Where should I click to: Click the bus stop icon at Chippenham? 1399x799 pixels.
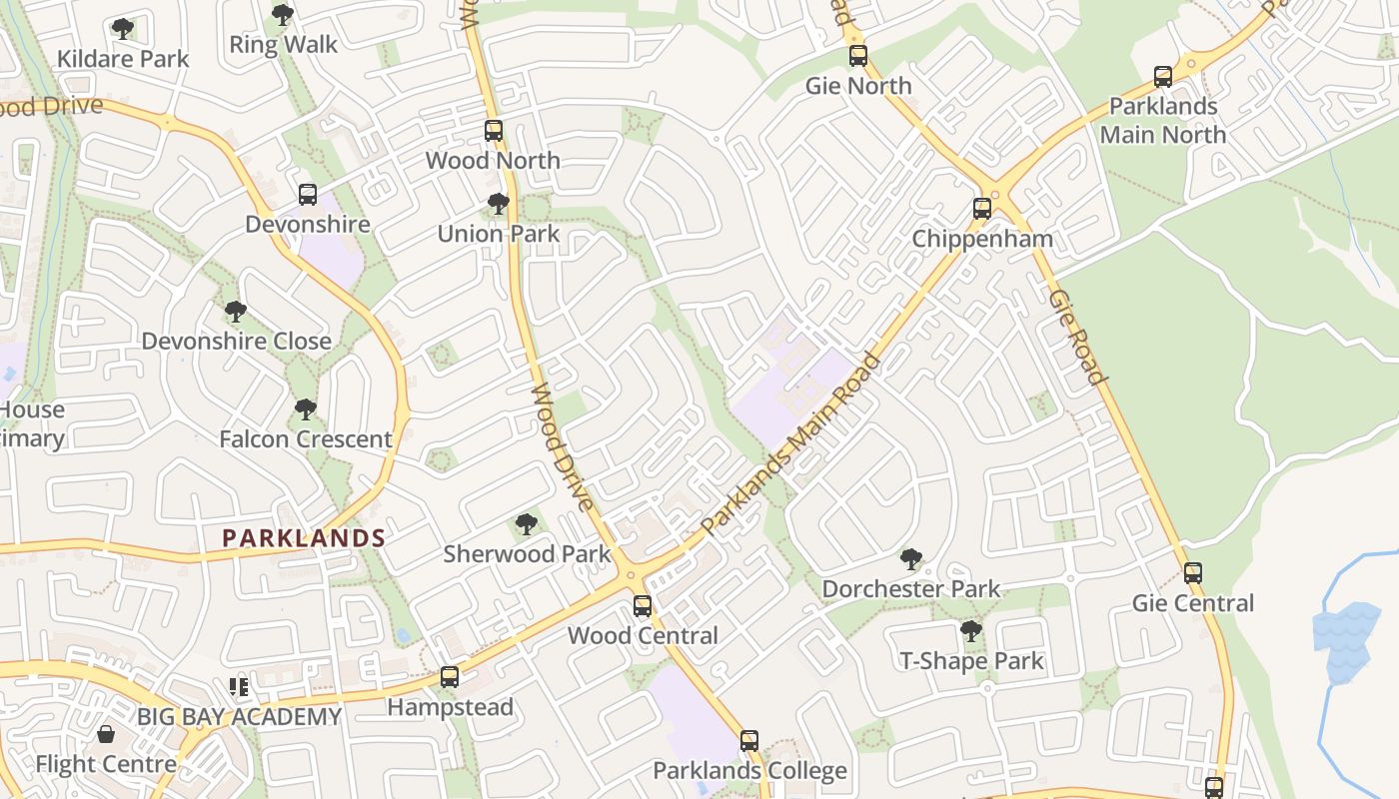click(x=982, y=209)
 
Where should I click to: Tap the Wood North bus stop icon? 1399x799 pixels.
click(x=494, y=131)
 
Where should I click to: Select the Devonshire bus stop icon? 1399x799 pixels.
click(x=308, y=195)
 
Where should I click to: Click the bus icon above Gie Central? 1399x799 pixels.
click(x=1193, y=573)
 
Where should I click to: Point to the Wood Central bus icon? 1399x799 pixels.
click(x=643, y=605)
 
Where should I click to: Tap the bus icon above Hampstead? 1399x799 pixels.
click(x=450, y=677)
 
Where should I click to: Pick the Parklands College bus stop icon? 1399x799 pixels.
click(x=749, y=741)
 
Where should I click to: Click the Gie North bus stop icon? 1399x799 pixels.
click(x=858, y=56)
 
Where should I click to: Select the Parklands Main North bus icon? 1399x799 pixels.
click(x=1163, y=77)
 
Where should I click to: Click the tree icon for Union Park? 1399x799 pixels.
click(x=498, y=204)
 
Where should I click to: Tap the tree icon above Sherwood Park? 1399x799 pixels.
click(x=526, y=524)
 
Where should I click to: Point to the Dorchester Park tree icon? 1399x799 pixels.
click(x=910, y=559)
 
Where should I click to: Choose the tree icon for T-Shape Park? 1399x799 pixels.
click(x=970, y=631)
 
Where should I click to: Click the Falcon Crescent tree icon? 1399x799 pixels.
click(x=306, y=408)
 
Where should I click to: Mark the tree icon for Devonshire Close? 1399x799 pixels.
click(x=236, y=312)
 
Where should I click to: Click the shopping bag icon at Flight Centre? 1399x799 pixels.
click(x=106, y=735)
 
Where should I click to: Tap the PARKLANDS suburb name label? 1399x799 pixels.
click(x=304, y=538)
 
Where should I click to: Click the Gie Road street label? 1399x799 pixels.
click(x=1079, y=337)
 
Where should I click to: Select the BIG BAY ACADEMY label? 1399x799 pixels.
click(x=240, y=717)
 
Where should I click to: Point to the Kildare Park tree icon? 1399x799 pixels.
click(x=123, y=29)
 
